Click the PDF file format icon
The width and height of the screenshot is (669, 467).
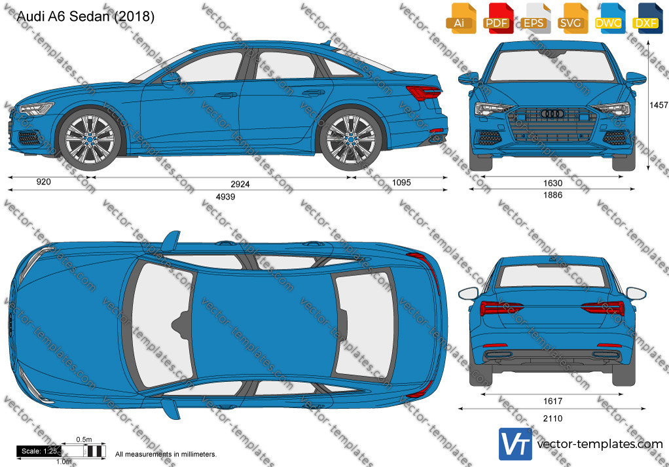coord(497,18)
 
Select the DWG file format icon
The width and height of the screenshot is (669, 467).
coord(608,18)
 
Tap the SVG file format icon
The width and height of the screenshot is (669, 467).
coord(571,18)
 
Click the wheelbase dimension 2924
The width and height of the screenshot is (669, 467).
coord(240,184)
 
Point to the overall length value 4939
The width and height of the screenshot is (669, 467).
coord(225,197)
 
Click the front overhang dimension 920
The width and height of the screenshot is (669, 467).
coord(43,182)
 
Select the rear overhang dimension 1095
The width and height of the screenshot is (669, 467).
coord(401,182)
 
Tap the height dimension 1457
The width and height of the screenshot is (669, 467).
coord(659,105)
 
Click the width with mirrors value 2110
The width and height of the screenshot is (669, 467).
coord(552,419)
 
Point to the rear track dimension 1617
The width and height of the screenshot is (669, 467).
coord(552,401)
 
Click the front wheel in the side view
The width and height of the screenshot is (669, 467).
coord(90,139)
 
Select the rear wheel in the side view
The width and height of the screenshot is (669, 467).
coord(351,139)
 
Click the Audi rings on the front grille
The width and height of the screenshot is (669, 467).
coord(552,113)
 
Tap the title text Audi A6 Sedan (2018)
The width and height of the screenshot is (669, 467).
coord(85,16)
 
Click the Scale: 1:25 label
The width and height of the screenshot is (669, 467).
coord(39,451)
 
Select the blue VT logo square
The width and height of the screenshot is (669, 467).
coord(515,444)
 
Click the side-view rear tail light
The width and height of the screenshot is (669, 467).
coord(424,92)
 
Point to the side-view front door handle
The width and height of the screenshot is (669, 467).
coord(225,95)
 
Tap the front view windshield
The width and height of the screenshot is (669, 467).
coord(552,65)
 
